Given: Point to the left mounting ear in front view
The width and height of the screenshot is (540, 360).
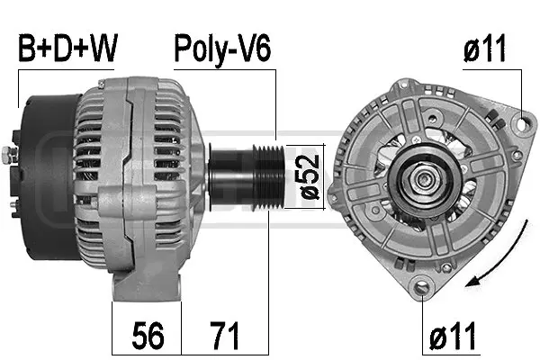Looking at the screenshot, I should click(x=336, y=189).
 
